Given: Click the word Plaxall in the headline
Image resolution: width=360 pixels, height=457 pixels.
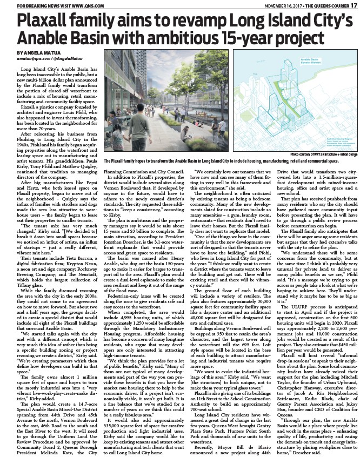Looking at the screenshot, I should pos(45,22).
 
